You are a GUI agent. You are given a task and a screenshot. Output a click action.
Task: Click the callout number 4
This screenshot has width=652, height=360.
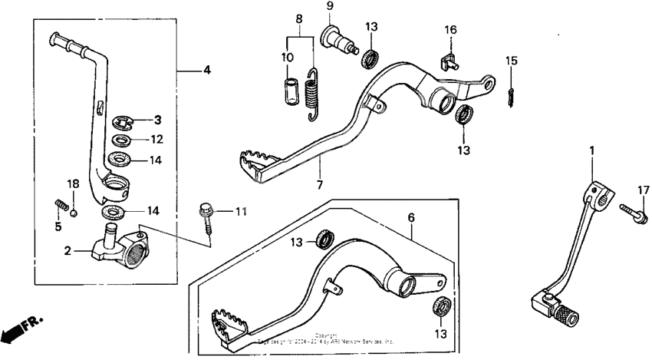point(206,71)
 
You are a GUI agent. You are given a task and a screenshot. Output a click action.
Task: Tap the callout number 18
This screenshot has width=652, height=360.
point(72,183)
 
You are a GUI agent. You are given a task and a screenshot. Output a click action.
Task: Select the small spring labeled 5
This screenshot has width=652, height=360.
point(62,203)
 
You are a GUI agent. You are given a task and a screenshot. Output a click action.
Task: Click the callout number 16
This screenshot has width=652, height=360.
point(451,30)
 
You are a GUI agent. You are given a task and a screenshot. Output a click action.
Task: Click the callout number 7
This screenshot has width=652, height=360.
point(318,184)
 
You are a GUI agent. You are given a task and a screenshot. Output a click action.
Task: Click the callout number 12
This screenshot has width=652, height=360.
point(156,140)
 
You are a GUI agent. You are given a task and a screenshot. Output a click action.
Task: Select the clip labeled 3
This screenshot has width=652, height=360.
point(123,121)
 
